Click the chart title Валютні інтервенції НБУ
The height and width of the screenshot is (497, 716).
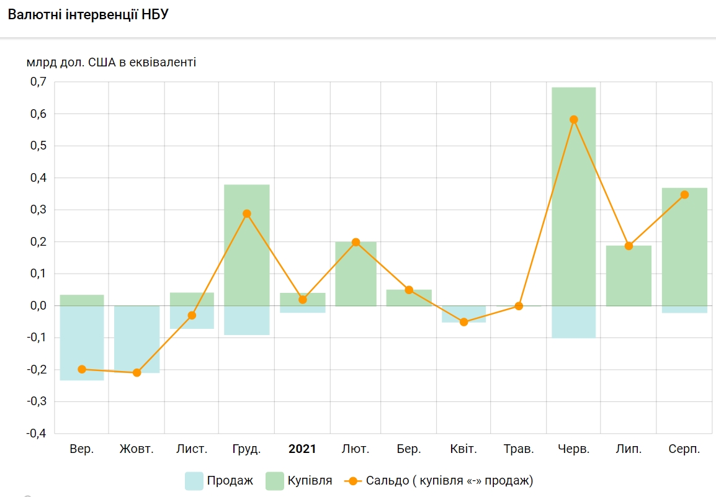[87, 15]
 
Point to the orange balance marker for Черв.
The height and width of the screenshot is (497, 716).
[573, 120]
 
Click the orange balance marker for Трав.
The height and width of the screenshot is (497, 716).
[519, 306]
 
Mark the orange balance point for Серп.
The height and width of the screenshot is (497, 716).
[684, 195]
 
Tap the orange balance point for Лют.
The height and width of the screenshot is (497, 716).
[356, 242]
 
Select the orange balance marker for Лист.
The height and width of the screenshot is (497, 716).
[192, 315]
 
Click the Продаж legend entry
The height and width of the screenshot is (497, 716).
[220, 481]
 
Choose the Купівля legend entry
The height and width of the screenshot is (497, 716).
[300, 481]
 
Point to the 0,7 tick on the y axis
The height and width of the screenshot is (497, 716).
[38, 82]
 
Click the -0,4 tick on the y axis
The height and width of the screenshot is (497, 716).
[37, 433]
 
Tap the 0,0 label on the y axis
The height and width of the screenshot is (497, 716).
[38, 306]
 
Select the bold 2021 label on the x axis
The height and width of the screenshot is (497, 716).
[302, 449]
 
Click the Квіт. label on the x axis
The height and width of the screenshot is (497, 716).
[463, 449]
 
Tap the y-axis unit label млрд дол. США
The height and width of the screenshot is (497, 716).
[111, 62]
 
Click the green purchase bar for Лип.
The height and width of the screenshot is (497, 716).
[629, 275]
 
